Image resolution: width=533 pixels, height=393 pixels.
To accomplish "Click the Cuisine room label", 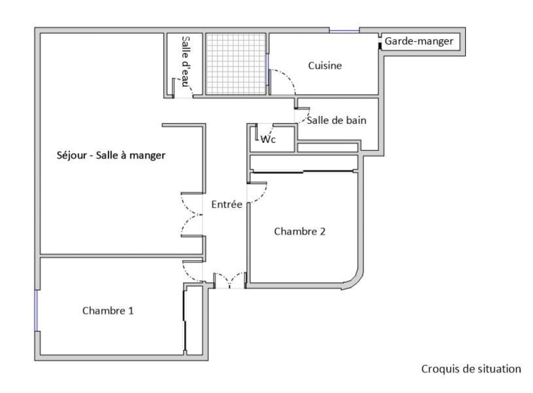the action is [325, 66].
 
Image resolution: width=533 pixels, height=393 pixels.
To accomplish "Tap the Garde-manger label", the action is [419, 41].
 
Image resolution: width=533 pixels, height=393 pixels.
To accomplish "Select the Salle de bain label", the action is [336, 120].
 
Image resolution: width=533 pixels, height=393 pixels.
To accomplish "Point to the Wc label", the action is [268, 140].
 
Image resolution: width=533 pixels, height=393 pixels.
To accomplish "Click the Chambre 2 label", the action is [299, 231].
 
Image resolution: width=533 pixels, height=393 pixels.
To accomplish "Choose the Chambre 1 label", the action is [108, 311].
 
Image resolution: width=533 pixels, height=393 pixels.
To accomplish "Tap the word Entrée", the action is [227, 204].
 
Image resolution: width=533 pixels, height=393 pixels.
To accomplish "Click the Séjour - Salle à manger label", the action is [111, 155].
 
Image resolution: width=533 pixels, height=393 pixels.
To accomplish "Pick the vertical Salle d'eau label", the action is [185, 61].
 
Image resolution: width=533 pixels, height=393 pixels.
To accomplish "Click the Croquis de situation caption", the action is [471, 369].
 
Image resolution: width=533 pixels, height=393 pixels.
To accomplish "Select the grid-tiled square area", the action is [236, 64].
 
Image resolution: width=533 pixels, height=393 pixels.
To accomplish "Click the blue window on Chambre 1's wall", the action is [36, 310].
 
